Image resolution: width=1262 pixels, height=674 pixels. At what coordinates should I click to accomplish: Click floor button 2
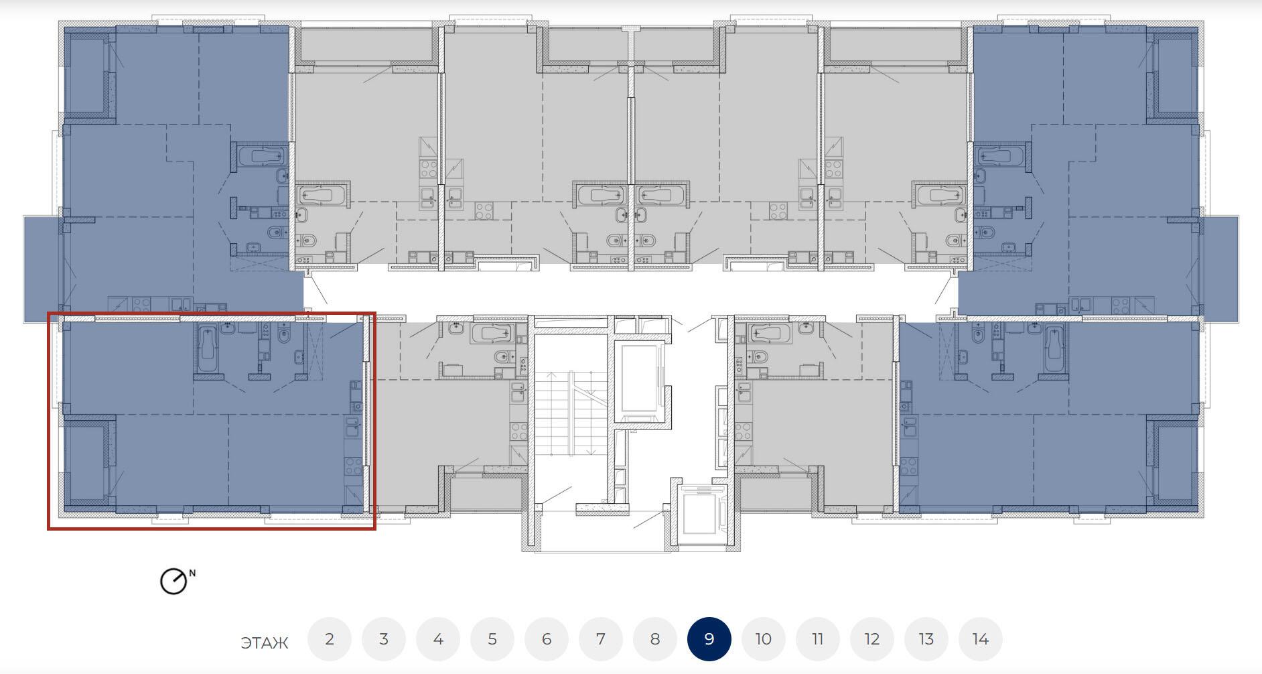pos(329,639)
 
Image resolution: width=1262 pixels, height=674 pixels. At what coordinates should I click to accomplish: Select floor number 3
pos(383,639)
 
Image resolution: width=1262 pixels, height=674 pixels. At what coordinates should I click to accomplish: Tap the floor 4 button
pos(437,639)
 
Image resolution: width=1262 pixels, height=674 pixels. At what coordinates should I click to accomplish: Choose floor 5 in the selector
pos(492,639)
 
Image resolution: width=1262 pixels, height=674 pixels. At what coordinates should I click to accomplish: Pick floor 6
pos(546,639)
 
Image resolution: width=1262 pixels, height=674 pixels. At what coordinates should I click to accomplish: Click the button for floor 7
pos(600,639)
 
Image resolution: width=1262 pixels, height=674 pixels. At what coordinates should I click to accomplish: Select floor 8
pos(654,639)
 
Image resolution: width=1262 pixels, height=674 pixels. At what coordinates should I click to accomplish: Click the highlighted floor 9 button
pos(709,639)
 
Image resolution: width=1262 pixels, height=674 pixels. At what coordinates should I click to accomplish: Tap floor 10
pos(763,639)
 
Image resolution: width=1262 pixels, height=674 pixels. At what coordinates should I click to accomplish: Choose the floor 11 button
pos(817,639)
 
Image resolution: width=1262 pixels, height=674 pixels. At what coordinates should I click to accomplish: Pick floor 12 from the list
pos(871,639)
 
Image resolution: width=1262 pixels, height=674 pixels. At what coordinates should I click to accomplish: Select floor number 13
pos(926,639)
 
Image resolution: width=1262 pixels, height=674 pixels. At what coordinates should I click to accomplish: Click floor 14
pos(980,639)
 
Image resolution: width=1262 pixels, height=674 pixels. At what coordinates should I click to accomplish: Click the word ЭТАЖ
pos(264,643)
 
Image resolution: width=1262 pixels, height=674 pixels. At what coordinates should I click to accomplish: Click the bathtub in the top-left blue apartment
pos(259,156)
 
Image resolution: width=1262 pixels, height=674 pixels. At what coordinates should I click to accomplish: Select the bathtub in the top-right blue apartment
pos(1001,156)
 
